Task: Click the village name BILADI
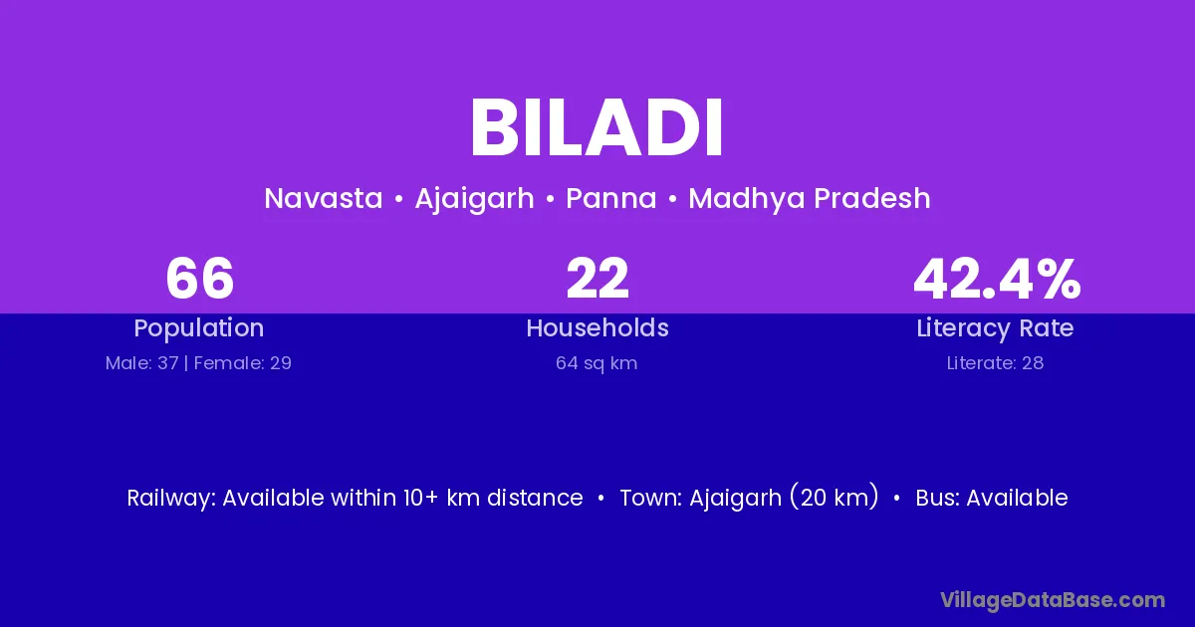point(597,127)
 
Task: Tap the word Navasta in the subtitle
point(324,198)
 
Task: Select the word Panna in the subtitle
point(610,198)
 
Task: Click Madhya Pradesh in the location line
point(810,199)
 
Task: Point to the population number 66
point(199,279)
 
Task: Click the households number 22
point(597,279)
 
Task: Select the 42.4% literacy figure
point(997,279)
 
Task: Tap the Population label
point(199,328)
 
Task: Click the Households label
point(597,327)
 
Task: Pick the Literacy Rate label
point(995,328)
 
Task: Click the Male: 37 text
point(141,363)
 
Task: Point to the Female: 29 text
point(243,363)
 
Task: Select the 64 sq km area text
point(597,363)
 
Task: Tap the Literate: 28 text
point(995,363)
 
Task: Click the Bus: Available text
point(992,498)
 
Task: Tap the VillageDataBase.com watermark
point(1053,601)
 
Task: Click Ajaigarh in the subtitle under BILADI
point(474,199)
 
